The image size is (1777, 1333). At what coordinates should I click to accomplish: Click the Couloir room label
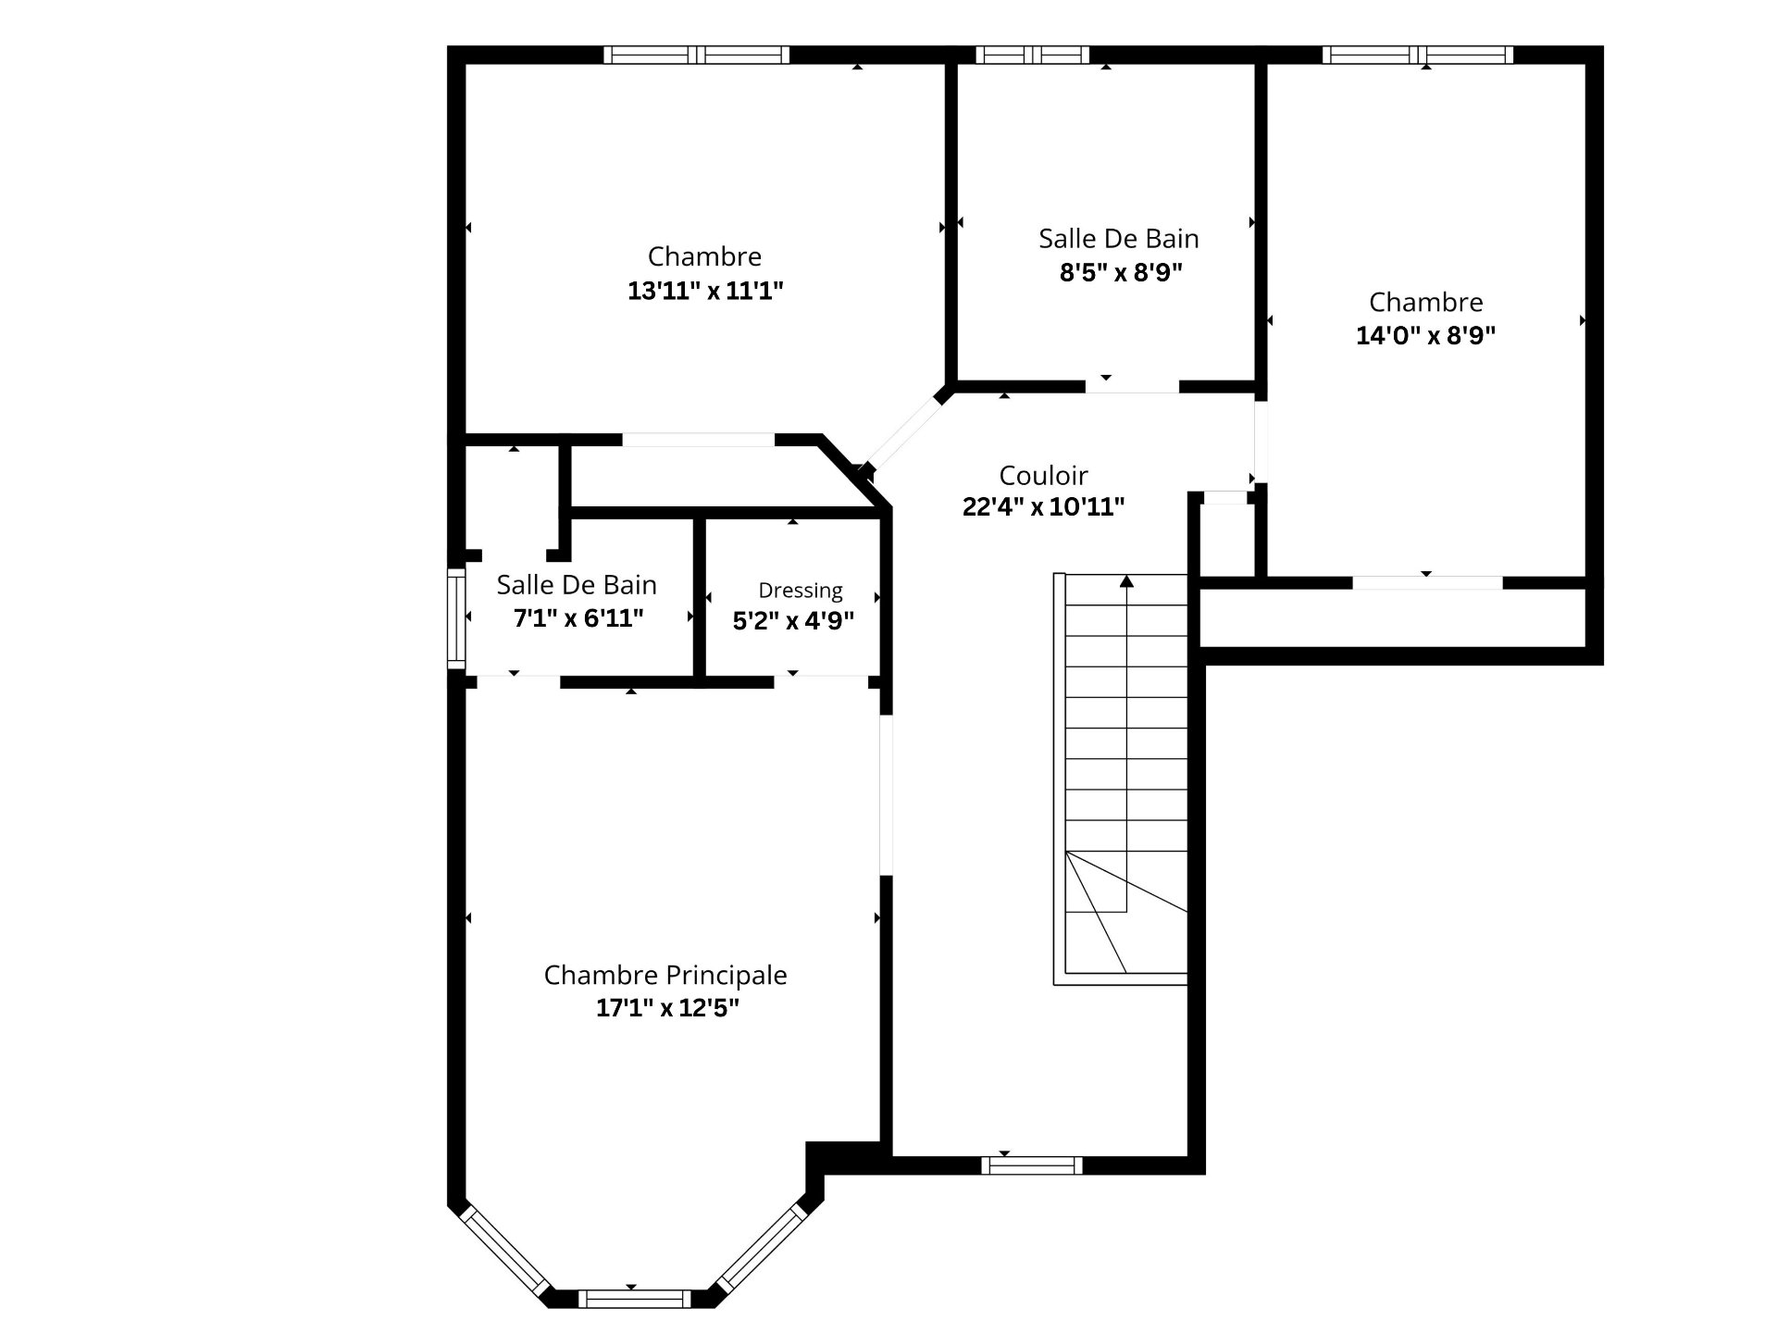[1043, 475]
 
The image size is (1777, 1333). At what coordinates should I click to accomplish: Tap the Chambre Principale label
[665, 975]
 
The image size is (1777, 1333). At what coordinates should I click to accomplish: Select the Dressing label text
[801, 591]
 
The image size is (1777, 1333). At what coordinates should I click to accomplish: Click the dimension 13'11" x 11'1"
[705, 291]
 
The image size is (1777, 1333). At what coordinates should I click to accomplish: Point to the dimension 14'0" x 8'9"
[1425, 335]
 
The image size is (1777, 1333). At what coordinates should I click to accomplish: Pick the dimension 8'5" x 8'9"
[1121, 272]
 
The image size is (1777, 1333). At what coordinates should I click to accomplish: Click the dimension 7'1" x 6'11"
[578, 617]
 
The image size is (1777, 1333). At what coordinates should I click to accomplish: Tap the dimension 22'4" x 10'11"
[1043, 506]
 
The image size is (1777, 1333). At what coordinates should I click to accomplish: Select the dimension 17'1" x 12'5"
[667, 1007]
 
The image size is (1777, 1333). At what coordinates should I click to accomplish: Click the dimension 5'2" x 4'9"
[793, 620]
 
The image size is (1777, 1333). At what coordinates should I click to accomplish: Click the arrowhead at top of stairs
[1126, 581]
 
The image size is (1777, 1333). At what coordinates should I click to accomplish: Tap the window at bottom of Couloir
[1031, 1165]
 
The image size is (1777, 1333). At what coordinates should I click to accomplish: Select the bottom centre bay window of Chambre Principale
[634, 1298]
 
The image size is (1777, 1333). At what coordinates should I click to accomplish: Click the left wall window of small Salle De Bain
[456, 617]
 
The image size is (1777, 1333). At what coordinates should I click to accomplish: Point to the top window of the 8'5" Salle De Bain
[1032, 55]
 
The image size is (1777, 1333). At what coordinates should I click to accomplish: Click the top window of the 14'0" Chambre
[1418, 55]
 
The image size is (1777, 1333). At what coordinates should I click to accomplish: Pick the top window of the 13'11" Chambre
[697, 55]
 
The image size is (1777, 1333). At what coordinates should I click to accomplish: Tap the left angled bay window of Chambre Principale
[505, 1249]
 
